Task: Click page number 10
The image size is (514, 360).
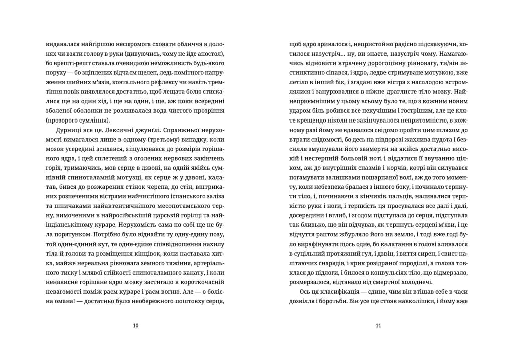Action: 135,325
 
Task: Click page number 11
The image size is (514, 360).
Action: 378,325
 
